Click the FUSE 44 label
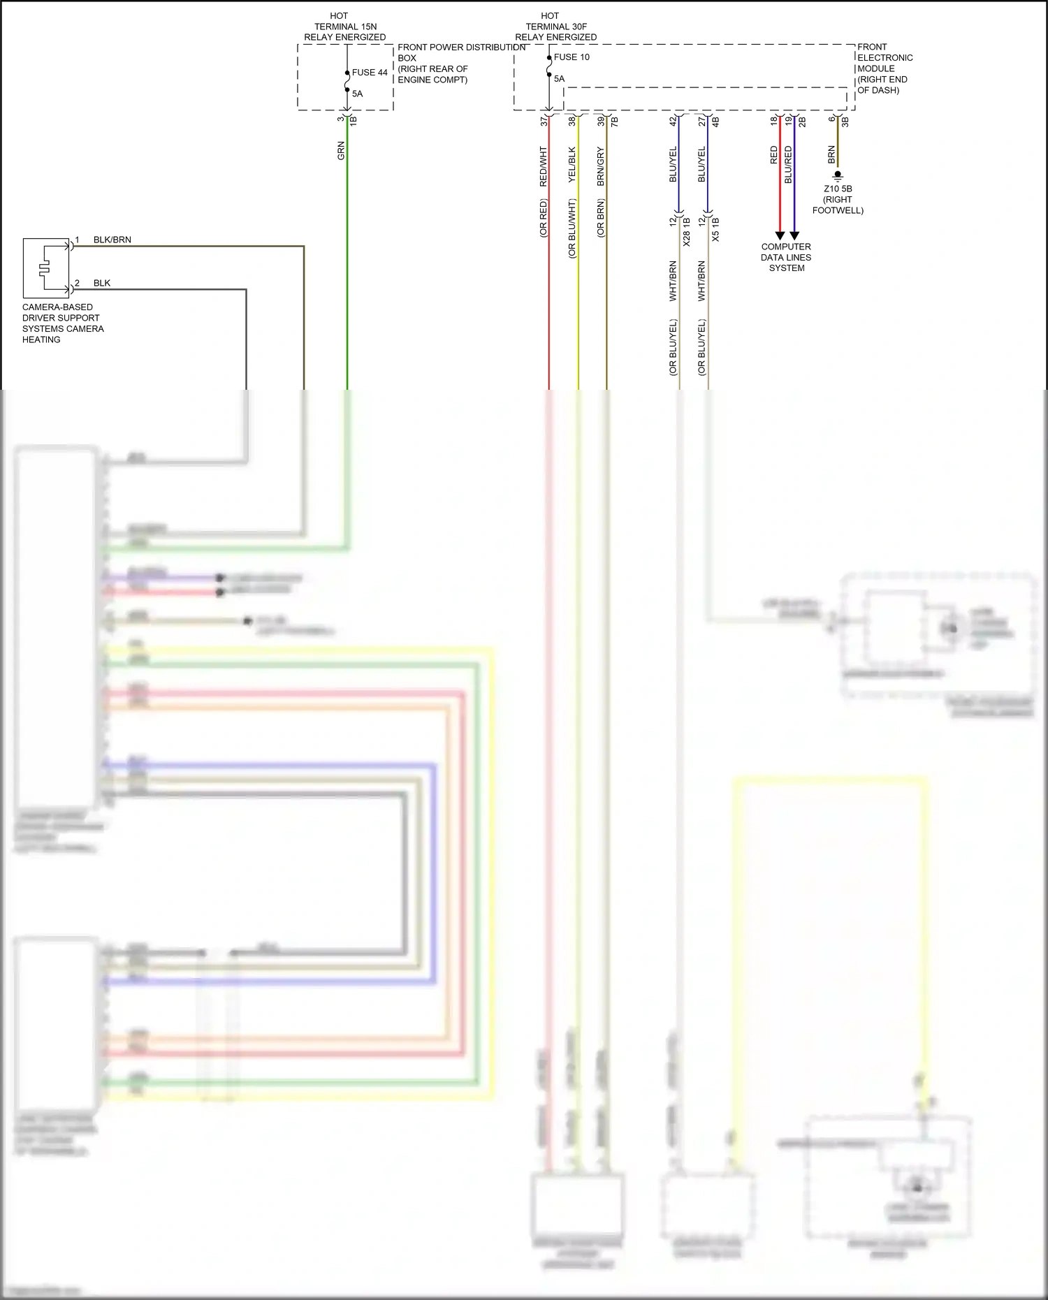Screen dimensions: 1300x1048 click(x=370, y=73)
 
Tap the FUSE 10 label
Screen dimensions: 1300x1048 click(x=572, y=57)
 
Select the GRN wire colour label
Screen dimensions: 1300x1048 click(x=342, y=150)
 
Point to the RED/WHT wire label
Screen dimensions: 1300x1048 click(x=544, y=166)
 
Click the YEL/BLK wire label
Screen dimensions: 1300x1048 click(x=572, y=164)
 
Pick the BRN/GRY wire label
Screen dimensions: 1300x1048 click(x=601, y=166)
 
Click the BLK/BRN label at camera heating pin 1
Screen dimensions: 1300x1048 click(x=112, y=240)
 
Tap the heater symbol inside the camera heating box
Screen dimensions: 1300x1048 click(x=45, y=268)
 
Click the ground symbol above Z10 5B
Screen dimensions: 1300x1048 click(x=838, y=176)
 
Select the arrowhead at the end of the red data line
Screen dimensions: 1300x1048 click(x=780, y=236)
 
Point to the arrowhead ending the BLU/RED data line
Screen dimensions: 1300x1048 click(x=794, y=236)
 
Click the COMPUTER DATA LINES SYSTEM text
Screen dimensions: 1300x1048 click(x=786, y=257)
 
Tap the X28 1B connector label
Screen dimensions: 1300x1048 click(x=687, y=232)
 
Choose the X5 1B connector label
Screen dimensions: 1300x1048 click(x=715, y=229)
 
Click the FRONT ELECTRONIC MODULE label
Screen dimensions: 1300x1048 click(x=885, y=68)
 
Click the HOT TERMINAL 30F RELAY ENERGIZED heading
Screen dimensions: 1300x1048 click(x=555, y=27)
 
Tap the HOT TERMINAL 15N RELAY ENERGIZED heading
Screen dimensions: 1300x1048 click(x=345, y=27)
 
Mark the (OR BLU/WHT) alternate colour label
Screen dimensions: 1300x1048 click(x=572, y=228)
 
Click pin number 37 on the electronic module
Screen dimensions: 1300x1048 click(x=544, y=121)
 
